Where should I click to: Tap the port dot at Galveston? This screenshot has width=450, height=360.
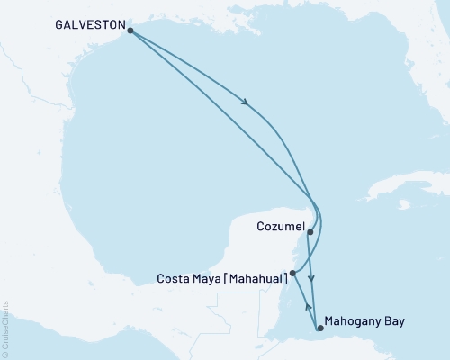pyautogui.click(x=130, y=31)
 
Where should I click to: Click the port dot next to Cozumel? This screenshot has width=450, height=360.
pyautogui.click(x=310, y=231)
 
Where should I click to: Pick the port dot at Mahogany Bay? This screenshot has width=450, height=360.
pyautogui.click(x=320, y=328)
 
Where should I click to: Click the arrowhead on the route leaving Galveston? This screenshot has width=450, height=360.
pyautogui.click(x=245, y=103)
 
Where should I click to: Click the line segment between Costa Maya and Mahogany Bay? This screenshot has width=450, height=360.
pyautogui.click(x=306, y=300)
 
